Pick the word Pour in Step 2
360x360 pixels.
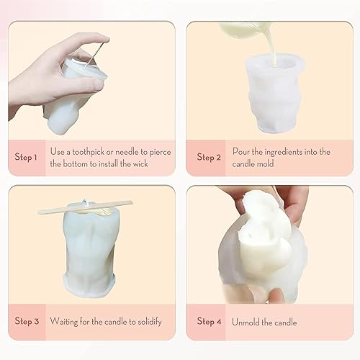click(x=241, y=152)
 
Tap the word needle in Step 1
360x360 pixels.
click(x=134, y=152)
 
